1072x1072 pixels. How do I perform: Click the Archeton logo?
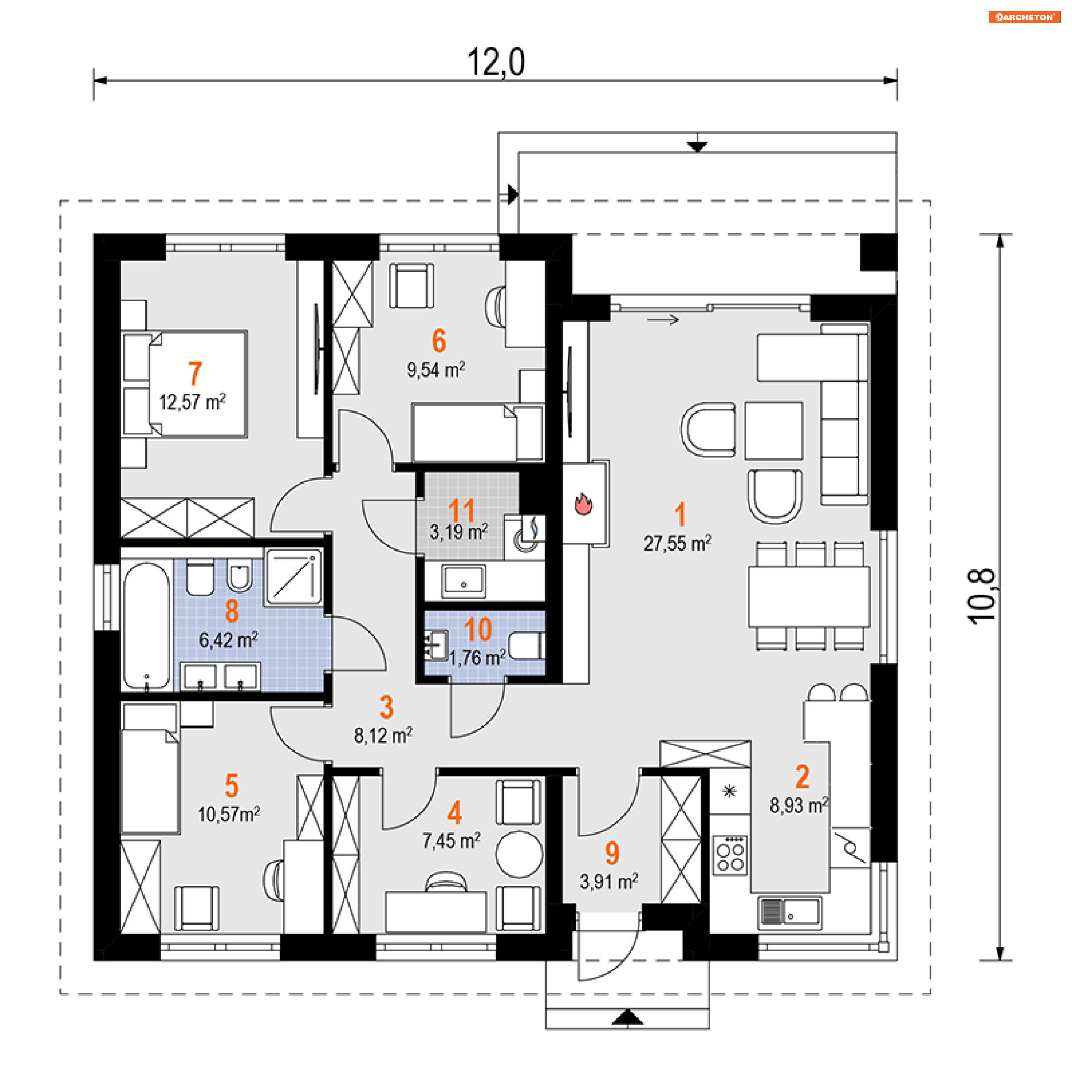[1024, 17]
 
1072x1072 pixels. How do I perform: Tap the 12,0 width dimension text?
[496, 62]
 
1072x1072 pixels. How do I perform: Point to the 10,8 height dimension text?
[981, 596]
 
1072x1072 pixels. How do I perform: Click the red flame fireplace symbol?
[583, 504]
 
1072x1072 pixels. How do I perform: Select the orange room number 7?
[194, 373]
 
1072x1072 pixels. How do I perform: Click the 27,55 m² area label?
[677, 543]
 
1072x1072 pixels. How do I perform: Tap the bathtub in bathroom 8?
[146, 626]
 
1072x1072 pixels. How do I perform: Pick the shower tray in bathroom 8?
[294, 577]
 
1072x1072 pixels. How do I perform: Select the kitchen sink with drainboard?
[789, 913]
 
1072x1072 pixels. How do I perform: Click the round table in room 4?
[519, 854]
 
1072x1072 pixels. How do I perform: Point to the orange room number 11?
[461, 510]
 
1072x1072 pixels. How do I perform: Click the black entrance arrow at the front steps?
[628, 1017]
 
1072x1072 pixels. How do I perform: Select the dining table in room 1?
[809, 596]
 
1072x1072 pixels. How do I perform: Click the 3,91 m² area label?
[609, 882]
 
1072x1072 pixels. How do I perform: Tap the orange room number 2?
[802, 777]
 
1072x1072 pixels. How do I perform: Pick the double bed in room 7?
[184, 384]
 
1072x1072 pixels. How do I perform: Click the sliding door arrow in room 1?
[663, 320]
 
